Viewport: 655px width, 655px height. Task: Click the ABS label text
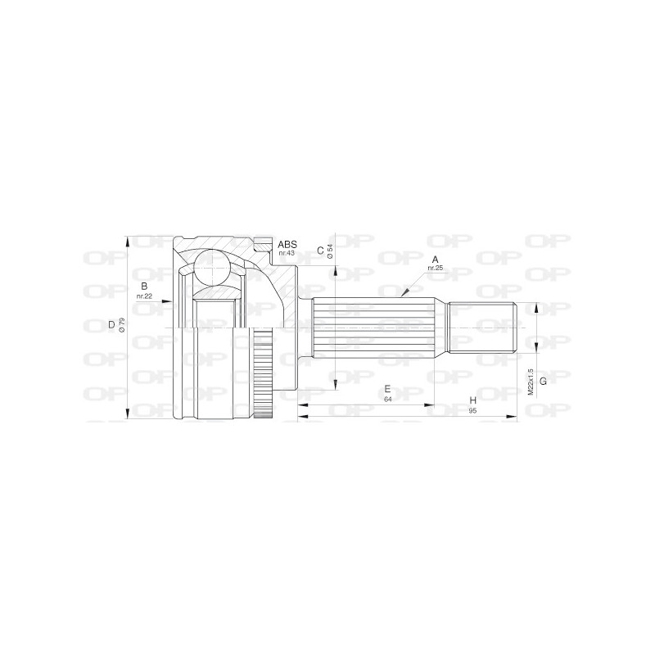point(287,244)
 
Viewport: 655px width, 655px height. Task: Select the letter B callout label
point(144,286)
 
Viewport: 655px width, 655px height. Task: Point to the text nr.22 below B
point(144,296)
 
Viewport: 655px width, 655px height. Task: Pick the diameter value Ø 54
point(330,252)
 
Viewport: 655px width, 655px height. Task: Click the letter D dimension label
point(111,325)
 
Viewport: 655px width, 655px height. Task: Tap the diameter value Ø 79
point(121,325)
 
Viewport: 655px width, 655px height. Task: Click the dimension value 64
point(386,399)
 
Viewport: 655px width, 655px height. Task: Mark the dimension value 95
point(472,410)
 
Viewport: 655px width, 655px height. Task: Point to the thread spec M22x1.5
point(531,380)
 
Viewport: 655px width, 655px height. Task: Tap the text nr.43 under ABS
point(287,253)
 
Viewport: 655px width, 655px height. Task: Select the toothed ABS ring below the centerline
point(262,376)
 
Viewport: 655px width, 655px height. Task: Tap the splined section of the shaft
point(373,328)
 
